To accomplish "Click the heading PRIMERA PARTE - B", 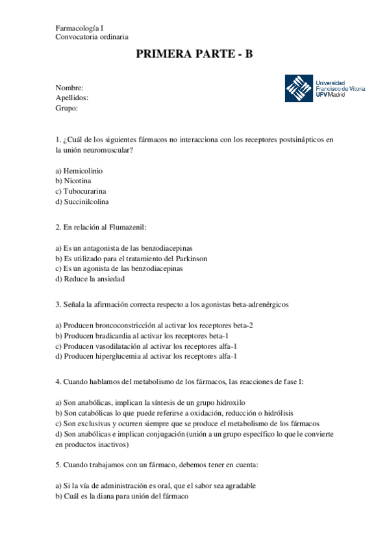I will click(194, 55).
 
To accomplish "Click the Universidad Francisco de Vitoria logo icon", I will click(299, 88).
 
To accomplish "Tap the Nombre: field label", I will click(69, 87).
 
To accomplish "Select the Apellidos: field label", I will click(72, 97).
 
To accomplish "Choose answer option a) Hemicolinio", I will click(79, 170).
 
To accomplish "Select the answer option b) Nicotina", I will click(73, 181).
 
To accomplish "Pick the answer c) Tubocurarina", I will click(81, 191).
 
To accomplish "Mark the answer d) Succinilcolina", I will click(82, 201).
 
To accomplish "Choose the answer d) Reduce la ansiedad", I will click(90, 279).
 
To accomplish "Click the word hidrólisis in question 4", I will click(297, 413).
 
